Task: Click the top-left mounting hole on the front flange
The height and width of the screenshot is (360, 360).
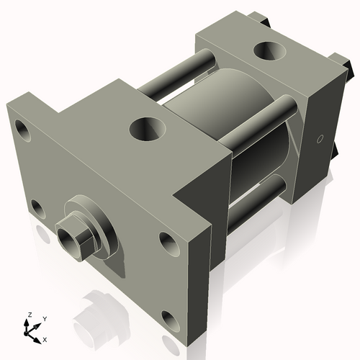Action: tap(24, 132)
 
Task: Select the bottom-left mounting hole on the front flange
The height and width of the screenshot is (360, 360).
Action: tap(37, 210)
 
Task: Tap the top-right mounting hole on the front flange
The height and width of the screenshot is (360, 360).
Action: tap(167, 242)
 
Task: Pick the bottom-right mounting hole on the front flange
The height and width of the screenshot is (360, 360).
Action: tap(170, 318)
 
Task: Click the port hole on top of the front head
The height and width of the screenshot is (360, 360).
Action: tap(148, 130)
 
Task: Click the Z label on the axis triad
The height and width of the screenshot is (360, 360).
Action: tap(29, 315)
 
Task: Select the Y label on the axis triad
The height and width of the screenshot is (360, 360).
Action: tap(44, 318)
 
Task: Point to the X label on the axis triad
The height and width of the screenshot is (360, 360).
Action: tap(45, 338)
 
